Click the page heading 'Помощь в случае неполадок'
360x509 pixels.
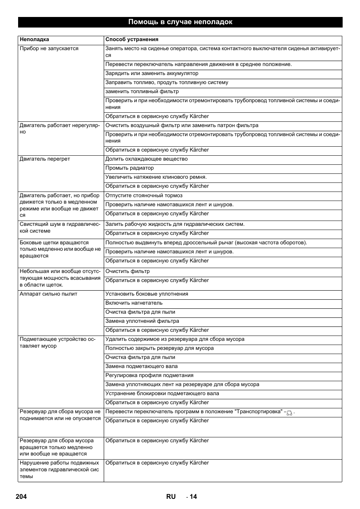[x=180, y=22]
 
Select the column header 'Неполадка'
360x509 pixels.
[x=34, y=39]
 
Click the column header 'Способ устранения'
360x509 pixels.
[x=132, y=39]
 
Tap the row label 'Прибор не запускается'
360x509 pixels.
[x=49, y=48]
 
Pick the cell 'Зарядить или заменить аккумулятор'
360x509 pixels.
[x=152, y=74]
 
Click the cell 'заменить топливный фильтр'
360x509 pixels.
[x=142, y=92]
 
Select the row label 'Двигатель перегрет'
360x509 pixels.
[x=45, y=159]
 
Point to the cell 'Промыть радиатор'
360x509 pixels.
[x=129, y=168]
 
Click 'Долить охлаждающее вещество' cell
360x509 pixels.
[x=146, y=159]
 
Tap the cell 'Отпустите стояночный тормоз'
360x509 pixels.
[x=144, y=195]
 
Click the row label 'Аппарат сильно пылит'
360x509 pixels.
[x=48, y=294]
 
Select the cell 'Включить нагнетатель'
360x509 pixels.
[x=134, y=303]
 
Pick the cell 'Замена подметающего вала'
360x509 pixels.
[x=142, y=366]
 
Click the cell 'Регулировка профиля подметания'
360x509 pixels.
[x=149, y=376]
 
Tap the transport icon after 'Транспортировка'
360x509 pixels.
[x=289, y=413]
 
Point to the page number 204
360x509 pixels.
[x=22, y=497]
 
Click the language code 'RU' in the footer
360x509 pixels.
[x=171, y=497]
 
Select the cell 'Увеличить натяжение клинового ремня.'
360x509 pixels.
[x=156, y=177]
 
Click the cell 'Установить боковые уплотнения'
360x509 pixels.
[x=147, y=294]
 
